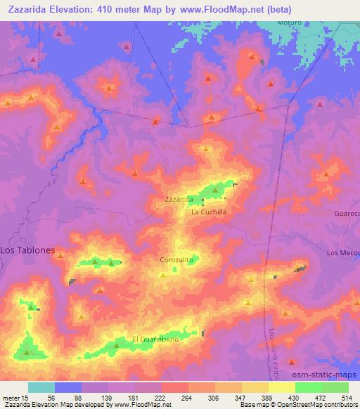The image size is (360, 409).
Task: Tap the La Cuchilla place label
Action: (208, 211)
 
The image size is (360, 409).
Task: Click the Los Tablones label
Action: (27, 249)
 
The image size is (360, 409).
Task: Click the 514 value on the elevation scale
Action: (345, 398)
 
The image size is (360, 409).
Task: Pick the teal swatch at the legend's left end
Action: (41, 387)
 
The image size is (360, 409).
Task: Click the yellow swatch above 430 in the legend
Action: (282, 387)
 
